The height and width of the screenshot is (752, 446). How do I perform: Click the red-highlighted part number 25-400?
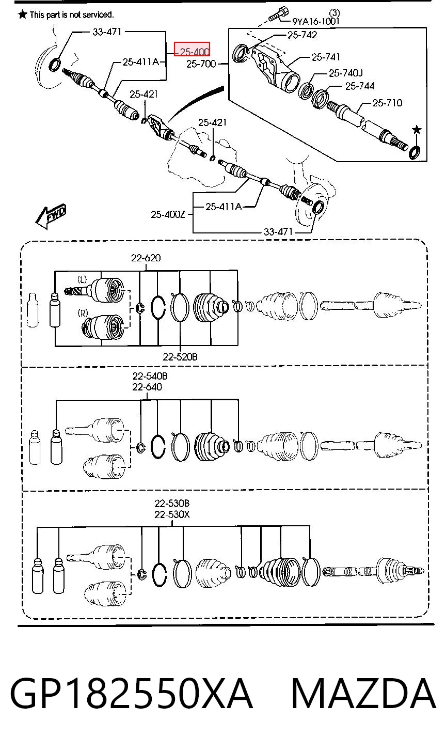[192, 50]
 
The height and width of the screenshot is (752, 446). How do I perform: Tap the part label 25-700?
[201, 64]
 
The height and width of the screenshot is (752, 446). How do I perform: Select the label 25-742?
[302, 35]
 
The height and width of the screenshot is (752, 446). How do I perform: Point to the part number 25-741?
[326, 57]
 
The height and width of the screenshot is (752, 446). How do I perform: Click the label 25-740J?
[346, 73]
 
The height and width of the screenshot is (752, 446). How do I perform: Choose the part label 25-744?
[360, 86]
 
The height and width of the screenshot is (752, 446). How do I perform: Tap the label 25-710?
[387, 103]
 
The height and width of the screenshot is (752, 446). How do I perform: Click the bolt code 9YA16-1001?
[316, 22]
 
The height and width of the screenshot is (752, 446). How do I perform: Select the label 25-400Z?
[168, 214]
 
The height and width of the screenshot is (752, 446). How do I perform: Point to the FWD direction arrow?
[51, 216]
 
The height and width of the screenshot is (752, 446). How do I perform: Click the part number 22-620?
[146, 258]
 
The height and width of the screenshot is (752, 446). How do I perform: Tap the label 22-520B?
[180, 357]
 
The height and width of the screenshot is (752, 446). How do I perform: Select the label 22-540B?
[150, 376]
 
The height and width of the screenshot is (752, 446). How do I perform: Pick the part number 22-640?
[147, 387]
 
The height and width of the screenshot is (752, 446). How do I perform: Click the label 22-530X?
[172, 514]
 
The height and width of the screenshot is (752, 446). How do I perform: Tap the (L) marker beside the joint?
[82, 279]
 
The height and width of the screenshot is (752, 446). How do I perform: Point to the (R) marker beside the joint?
[83, 313]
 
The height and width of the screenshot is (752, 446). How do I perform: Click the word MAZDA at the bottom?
[364, 693]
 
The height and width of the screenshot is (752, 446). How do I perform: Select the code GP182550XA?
[131, 693]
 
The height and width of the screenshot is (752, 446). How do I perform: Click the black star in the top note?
[23, 14]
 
